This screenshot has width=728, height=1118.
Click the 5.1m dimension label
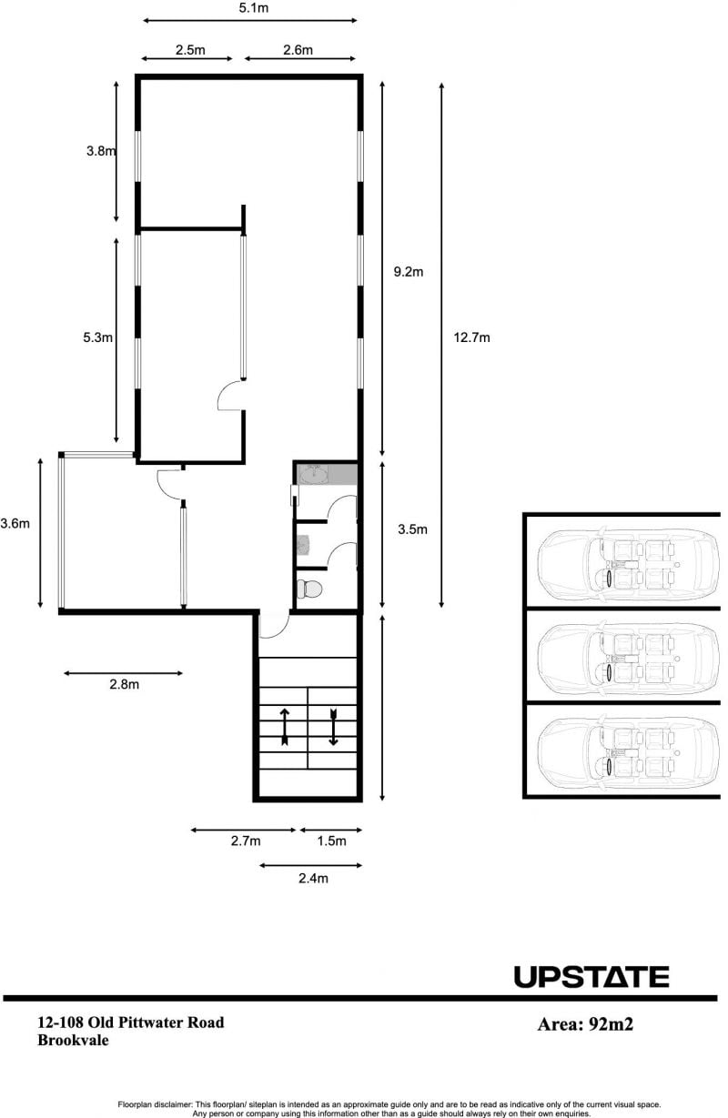pyautogui.click(x=254, y=8)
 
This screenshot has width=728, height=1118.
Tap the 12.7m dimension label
pyautogui.click(x=471, y=337)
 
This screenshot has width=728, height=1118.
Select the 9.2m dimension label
pyautogui.click(x=409, y=271)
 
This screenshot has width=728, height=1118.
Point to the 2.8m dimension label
pyautogui.click(x=125, y=684)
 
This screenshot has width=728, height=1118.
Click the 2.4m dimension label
pyautogui.click(x=314, y=878)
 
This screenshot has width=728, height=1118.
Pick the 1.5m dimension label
pyautogui.click(x=331, y=841)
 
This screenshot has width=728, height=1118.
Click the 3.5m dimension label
pyautogui.click(x=412, y=529)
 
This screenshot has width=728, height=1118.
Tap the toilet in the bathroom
pyautogui.click(x=309, y=589)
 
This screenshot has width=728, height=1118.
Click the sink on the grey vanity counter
pyautogui.click(x=314, y=474)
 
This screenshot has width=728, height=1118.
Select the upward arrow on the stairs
pyautogui.click(x=285, y=727)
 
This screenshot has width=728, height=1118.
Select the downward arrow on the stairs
pyautogui.click(x=334, y=727)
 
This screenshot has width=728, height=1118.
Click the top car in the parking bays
pyautogui.click(x=628, y=564)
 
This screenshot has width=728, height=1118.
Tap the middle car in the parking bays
pyautogui.click(x=628, y=660)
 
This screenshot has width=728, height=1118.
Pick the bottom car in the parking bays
pyautogui.click(x=628, y=753)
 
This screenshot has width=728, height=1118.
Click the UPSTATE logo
pyautogui.click(x=591, y=977)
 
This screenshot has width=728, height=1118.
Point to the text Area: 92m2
pyautogui.click(x=585, y=1024)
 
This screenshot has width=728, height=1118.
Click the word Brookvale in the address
pyautogui.click(x=73, y=1040)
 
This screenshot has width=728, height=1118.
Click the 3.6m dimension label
pyautogui.click(x=15, y=524)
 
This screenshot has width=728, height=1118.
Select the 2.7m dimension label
pyautogui.click(x=246, y=841)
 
